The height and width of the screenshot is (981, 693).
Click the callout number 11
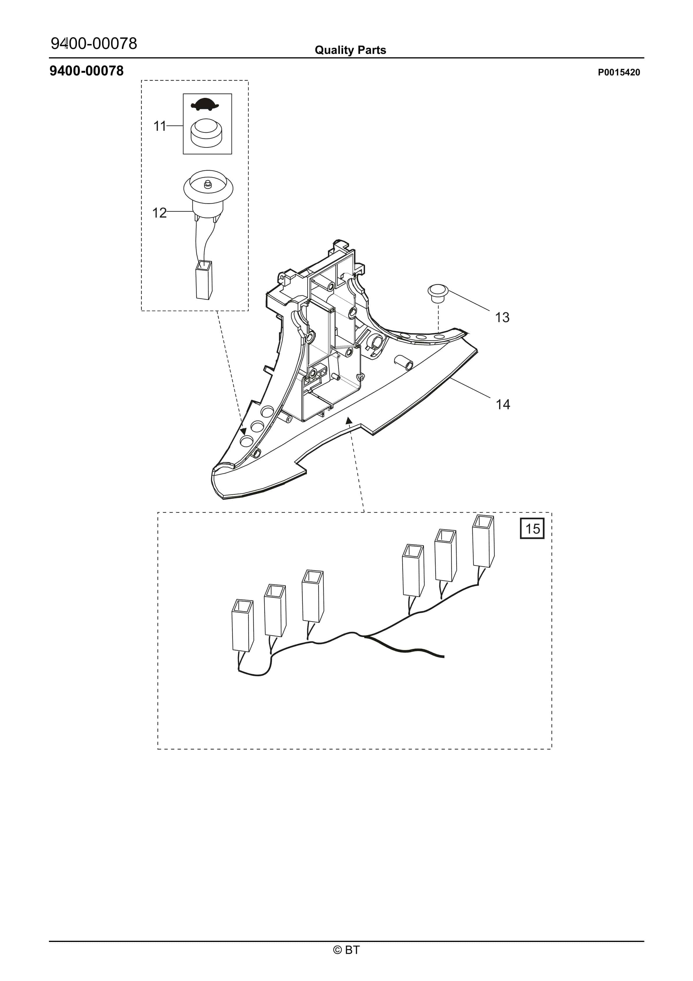click(x=159, y=126)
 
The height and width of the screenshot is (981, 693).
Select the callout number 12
click(x=159, y=213)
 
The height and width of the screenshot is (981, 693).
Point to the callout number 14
click(x=503, y=404)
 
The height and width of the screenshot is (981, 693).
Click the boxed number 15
click(x=532, y=529)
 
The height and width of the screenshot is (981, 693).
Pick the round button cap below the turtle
click(x=206, y=133)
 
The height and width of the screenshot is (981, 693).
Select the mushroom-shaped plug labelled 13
click(x=438, y=293)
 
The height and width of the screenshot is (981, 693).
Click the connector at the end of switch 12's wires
click(x=204, y=280)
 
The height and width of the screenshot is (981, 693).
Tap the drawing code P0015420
click(x=619, y=73)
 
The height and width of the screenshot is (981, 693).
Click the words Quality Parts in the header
click(x=350, y=50)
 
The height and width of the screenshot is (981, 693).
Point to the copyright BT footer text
click(x=346, y=950)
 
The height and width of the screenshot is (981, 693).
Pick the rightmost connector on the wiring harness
click(x=483, y=541)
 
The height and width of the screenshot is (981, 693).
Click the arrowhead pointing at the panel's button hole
click(x=243, y=432)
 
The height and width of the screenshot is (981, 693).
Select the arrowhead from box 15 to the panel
click(x=349, y=421)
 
